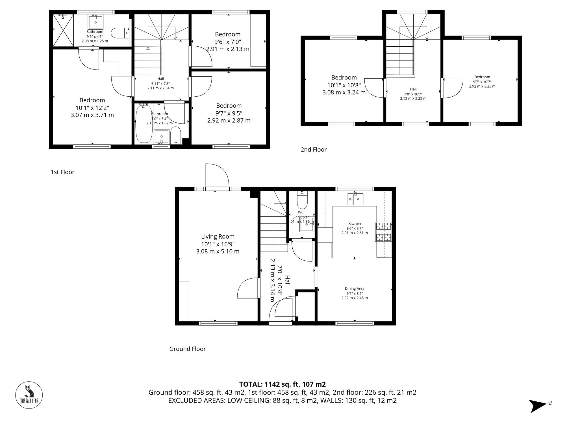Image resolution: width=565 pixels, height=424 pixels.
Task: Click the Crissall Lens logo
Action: [29, 395]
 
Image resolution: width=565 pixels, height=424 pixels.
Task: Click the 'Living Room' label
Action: [218, 237]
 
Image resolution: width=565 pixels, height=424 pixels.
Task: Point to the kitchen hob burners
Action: [383, 232]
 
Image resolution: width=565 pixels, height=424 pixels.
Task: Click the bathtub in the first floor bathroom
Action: [144, 124]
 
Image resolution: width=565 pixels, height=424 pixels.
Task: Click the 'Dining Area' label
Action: [354, 289]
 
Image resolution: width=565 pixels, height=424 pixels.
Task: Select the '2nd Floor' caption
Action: [313, 150]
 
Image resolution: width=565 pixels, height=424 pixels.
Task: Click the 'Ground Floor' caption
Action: [187, 349]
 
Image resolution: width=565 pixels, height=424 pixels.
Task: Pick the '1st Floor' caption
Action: [62, 172]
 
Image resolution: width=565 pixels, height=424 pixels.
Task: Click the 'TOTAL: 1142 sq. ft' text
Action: [282, 384]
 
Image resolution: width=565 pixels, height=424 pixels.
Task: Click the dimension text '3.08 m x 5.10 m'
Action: [218, 251]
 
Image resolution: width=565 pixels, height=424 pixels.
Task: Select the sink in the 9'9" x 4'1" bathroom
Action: [95, 22]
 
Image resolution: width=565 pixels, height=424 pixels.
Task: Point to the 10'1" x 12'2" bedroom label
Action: [92, 100]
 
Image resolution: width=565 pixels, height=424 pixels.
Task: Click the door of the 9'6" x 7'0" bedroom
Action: [201, 57]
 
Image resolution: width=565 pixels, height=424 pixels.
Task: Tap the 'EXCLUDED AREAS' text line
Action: [282, 401]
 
